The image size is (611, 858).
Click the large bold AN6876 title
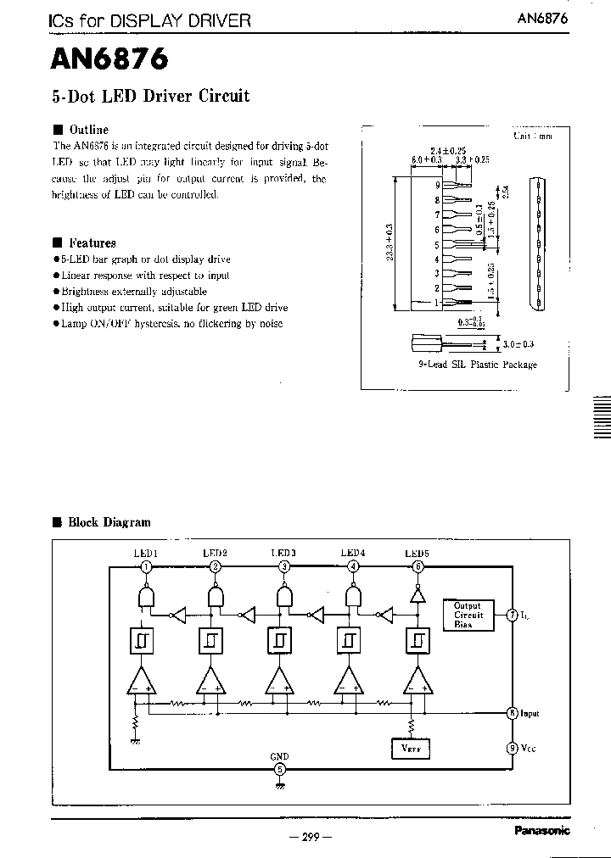[x=109, y=59]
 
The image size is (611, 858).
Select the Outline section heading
[x=88, y=130]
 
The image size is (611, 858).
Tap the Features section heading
[x=92, y=242]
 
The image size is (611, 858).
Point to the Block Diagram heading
[x=109, y=522]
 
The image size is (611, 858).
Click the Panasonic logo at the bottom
[x=542, y=831]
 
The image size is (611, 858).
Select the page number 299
[x=310, y=837]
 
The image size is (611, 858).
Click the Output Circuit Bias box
[x=468, y=615]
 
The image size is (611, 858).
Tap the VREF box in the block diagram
[x=411, y=749]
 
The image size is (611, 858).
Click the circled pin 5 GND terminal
[x=279, y=770]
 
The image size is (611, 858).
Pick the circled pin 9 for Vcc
[x=512, y=748]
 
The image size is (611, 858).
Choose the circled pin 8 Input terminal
[x=512, y=713]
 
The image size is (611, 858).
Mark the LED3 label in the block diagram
[x=283, y=553]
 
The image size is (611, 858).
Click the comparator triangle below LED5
[x=417, y=680]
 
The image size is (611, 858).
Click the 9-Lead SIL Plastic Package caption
[x=477, y=365]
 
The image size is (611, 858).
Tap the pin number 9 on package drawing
[x=438, y=185]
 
